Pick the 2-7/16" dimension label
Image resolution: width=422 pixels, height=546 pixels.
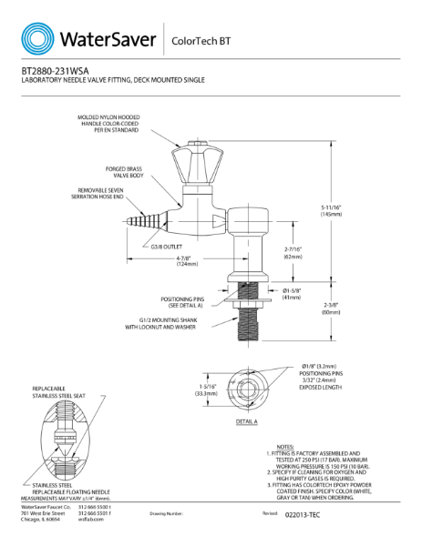tap(293, 252)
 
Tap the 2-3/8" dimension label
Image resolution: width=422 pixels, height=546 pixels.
tap(331, 308)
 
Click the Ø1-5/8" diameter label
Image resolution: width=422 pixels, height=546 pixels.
tap(293, 293)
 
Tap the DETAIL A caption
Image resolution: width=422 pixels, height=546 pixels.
tap(246, 422)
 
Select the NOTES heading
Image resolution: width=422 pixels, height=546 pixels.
tap(284, 447)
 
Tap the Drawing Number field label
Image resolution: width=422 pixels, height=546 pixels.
tap(166, 514)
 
